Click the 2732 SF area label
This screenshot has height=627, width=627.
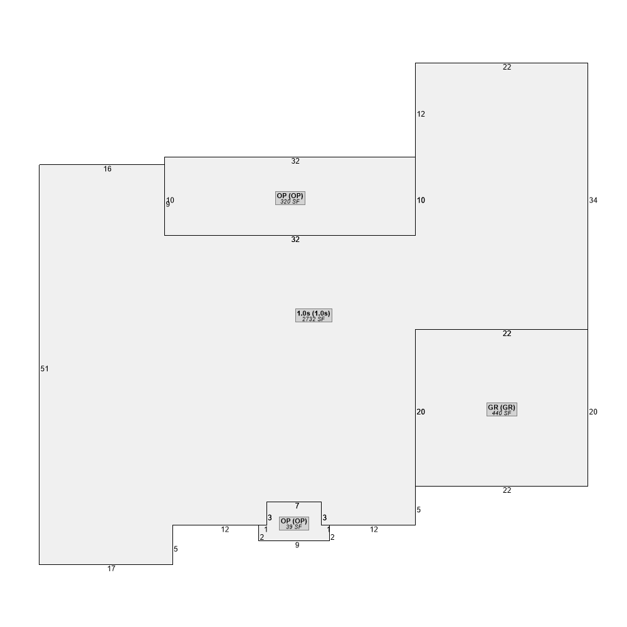pos(313,319)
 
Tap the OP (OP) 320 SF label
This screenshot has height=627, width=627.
pos(290,198)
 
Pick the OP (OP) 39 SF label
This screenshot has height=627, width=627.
pos(294,524)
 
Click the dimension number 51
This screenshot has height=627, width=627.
pos(45,369)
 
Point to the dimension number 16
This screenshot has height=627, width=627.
pos(108,169)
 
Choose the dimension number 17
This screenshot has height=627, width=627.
pos(111,569)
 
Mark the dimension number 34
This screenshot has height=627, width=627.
pos(593,201)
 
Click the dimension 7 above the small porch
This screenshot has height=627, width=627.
pos(297,506)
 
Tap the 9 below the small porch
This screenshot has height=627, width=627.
pos(297,545)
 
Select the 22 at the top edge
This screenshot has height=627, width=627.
pos(507,67)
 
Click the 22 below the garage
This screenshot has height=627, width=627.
pos(507,490)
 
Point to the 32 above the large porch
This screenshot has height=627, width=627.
pos(295,161)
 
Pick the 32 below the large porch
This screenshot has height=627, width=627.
pos(295,240)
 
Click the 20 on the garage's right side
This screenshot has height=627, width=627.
pos(593,412)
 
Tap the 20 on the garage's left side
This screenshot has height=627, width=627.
pos(421,412)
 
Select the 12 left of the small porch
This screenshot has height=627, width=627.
pos(225,529)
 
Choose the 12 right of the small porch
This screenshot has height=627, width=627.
pos(374,529)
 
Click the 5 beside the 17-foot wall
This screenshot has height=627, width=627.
pos(176,549)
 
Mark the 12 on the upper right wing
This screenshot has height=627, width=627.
pos(421,114)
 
